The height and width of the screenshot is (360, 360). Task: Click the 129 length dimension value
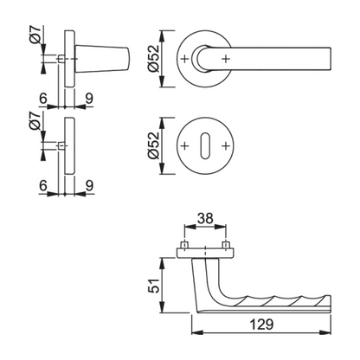click(261, 325)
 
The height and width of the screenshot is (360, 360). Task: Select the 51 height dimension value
click(154, 286)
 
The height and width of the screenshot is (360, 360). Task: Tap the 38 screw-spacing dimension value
click(205, 218)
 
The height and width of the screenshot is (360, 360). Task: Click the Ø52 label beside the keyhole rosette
click(153, 145)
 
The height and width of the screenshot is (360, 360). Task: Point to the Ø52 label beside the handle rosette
click(153, 58)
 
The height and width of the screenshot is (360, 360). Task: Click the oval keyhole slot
click(205, 145)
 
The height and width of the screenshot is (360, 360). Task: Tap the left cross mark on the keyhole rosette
click(184, 145)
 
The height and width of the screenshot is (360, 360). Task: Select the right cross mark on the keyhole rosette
click(226, 145)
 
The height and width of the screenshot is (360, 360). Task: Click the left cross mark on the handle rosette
click(184, 59)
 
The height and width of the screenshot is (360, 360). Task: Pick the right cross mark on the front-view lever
click(226, 59)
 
